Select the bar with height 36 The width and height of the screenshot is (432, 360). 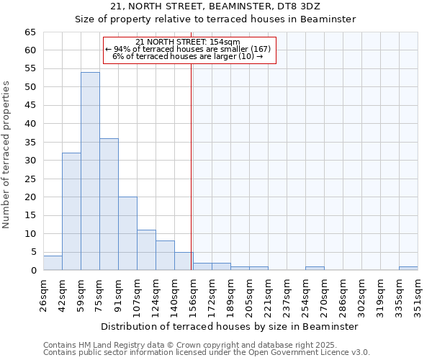click(109, 204)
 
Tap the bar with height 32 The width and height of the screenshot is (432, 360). click(71, 212)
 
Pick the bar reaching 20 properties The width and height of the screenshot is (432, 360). click(127, 233)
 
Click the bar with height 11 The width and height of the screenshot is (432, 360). click(146, 250)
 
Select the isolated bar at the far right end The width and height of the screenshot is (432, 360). click(408, 269)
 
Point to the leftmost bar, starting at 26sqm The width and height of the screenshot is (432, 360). click(53, 263)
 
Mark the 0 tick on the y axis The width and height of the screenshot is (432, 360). click(32, 271)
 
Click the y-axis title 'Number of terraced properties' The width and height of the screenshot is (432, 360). click(7, 154)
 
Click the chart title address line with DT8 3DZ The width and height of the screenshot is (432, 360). click(216, 6)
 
